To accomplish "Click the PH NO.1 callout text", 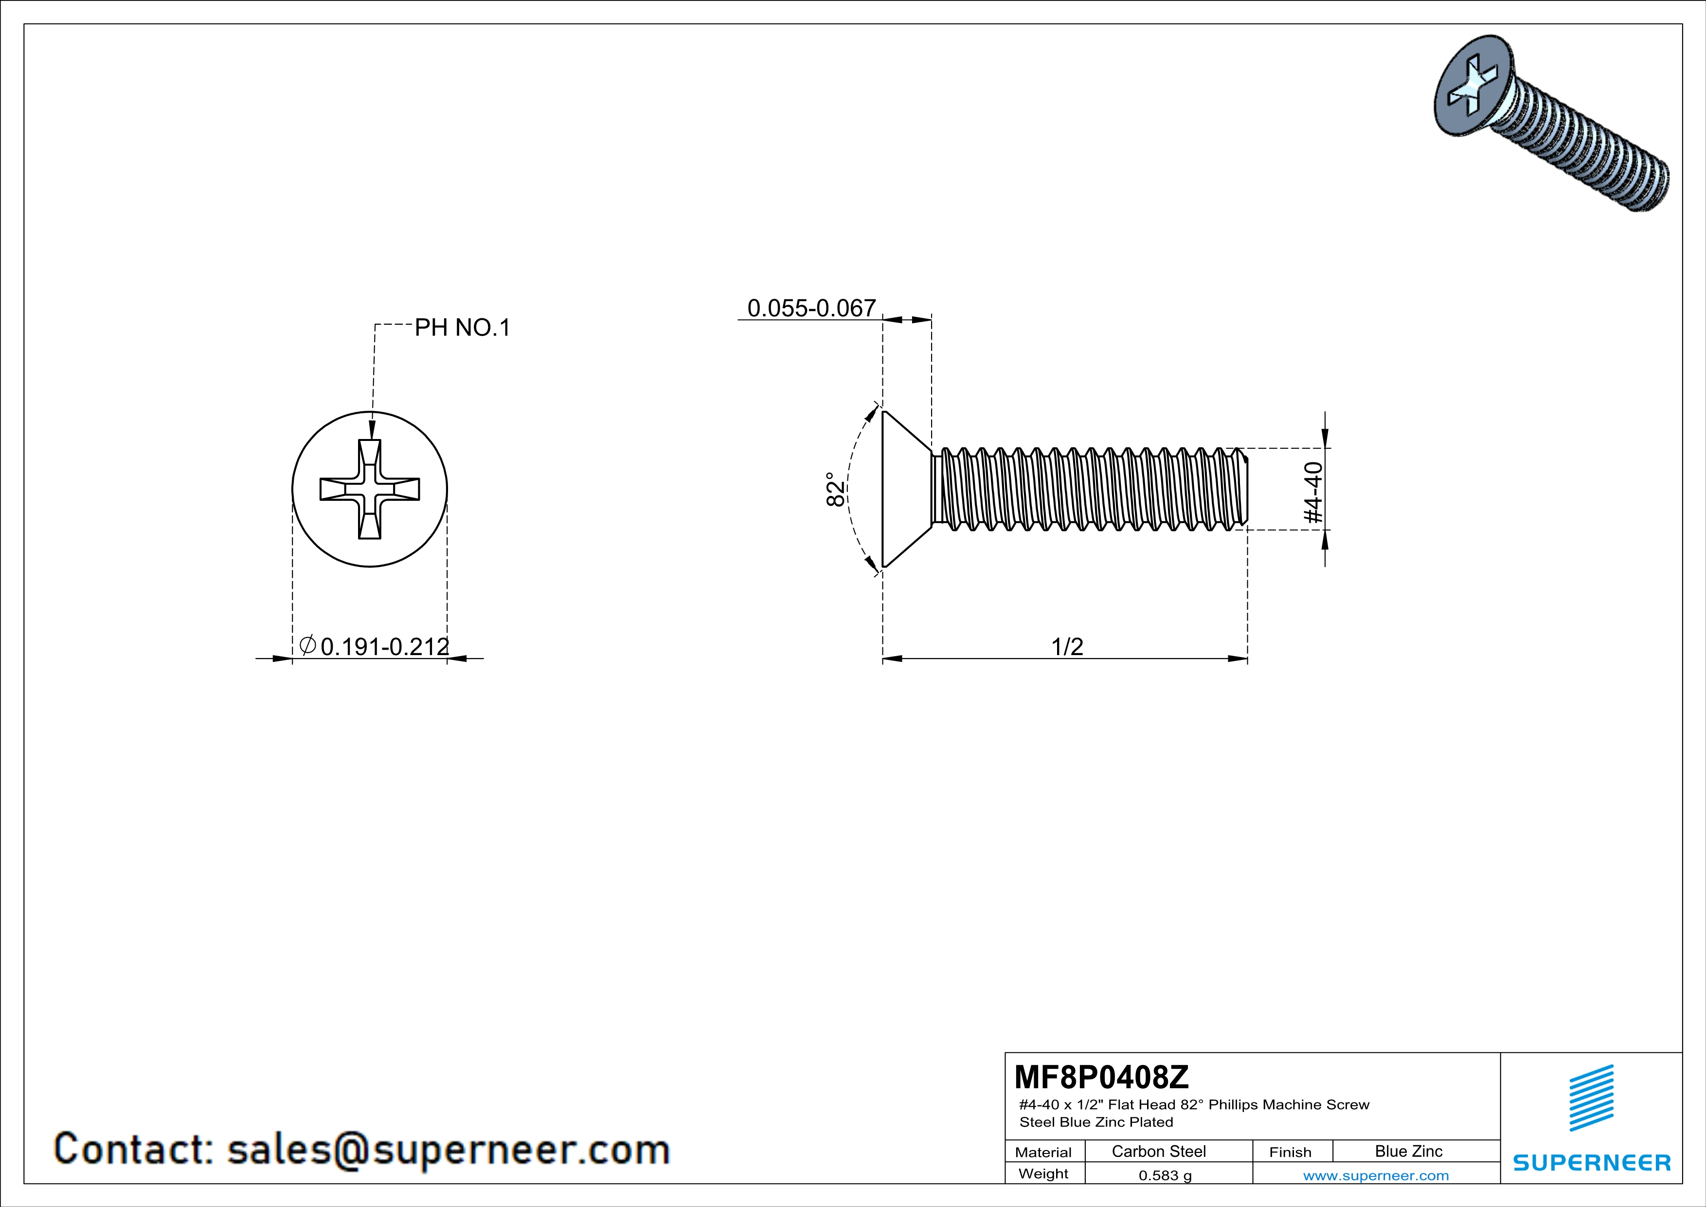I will point(462,328).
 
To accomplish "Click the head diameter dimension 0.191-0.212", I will point(384,647).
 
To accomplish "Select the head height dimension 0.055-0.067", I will point(811,308).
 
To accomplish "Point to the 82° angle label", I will point(836,489).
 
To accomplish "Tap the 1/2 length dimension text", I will point(1067,647).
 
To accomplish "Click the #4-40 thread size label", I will point(1314,492).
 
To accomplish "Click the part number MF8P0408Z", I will point(1101,1076).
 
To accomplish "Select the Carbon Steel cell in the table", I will point(1158,1151).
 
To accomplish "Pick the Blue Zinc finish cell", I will point(1408,1151).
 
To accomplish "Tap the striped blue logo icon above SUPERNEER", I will point(1591,1097).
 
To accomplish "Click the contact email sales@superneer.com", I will point(448,1149).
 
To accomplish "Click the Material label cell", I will point(1043,1152).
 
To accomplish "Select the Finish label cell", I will point(1290,1152).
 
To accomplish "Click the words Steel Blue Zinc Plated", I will point(1096,1122).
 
